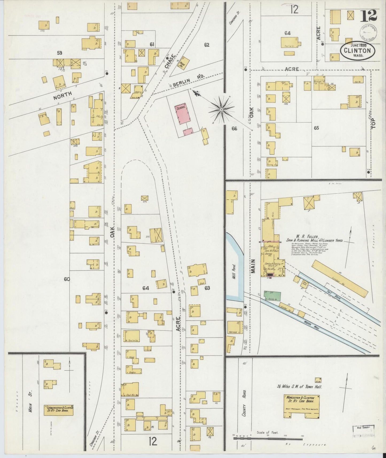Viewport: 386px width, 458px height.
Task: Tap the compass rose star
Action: [x=221, y=110]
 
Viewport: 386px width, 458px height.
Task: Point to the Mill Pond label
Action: [x=234, y=272]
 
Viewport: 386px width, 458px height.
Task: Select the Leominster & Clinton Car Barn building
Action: [x=59, y=410]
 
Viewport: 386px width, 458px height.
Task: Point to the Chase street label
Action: [x=170, y=61]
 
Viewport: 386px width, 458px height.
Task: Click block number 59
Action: [x=59, y=53]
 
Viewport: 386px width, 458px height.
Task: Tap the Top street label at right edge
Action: [x=373, y=123]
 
